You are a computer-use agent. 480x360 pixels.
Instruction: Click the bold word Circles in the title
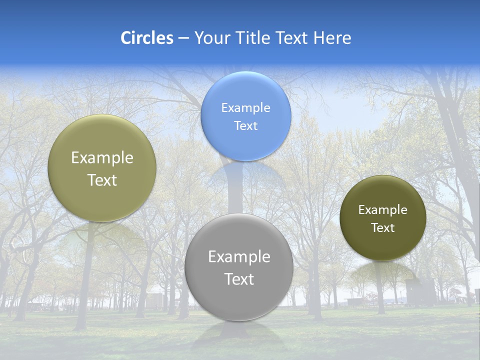[147, 38]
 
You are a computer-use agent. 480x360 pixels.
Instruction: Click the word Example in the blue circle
[246, 108]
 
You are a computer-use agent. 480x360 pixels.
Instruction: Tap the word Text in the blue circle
[246, 125]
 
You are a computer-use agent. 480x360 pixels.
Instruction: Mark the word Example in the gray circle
[239, 257]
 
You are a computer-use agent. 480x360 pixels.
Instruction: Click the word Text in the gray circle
[239, 279]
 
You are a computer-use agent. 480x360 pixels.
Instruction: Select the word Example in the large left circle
[102, 158]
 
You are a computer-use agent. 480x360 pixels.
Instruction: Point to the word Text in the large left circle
[102, 180]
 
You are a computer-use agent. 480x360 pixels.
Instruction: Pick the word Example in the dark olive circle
[383, 210]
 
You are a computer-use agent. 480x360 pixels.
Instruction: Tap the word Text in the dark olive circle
[383, 228]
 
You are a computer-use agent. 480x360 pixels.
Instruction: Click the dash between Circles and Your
[183, 38]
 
